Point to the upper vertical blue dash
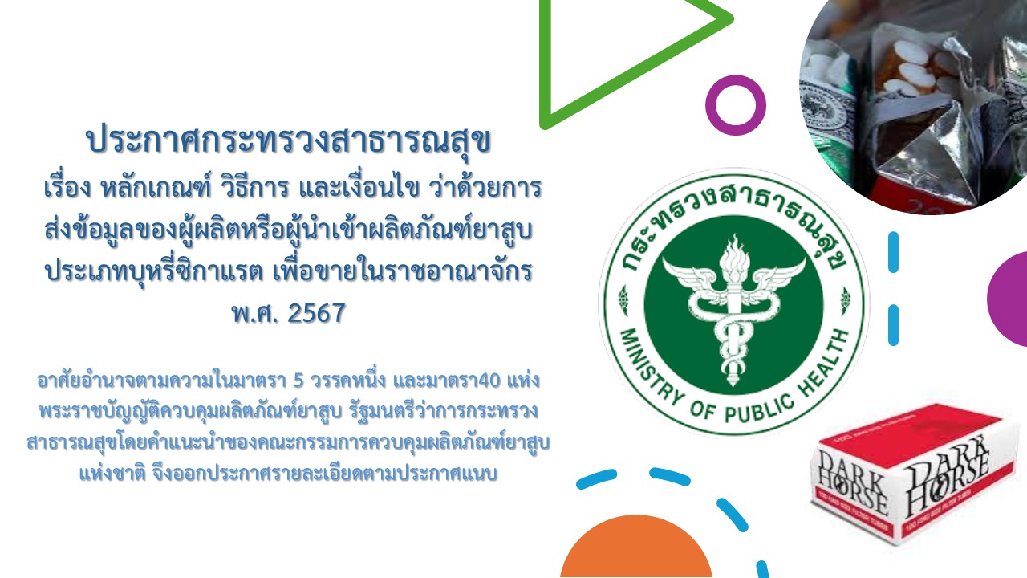tap(893, 252)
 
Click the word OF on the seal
tap(701, 410)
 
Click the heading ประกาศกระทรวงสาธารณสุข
tap(289, 141)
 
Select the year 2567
tap(316, 313)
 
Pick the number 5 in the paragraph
tap(298, 381)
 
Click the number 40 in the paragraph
tap(489, 381)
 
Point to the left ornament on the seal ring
tap(623, 300)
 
